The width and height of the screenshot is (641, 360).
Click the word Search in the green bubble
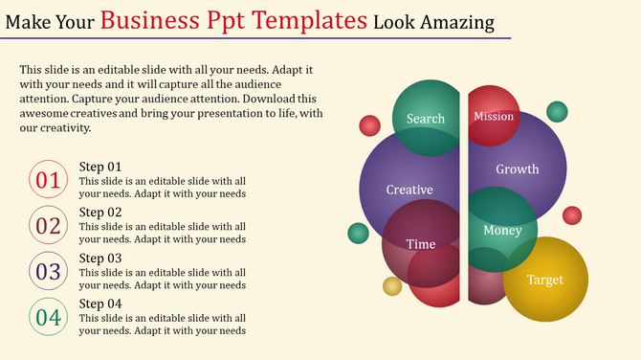426,119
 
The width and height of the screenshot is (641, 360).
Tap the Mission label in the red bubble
494,117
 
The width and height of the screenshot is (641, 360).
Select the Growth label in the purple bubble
518,169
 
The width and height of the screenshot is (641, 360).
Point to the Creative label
409,190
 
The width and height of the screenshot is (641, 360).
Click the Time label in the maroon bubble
421,244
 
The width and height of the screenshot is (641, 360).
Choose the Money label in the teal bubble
502,231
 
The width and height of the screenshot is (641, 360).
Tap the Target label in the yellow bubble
545,280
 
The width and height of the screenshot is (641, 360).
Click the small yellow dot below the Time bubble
392,285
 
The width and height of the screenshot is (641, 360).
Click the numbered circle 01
48,180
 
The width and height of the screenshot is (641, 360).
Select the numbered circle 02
48,226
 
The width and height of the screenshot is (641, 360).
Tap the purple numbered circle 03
48,272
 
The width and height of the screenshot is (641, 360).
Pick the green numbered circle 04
48,317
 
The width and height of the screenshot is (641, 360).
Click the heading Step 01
100,167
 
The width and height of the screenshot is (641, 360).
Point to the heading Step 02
100,213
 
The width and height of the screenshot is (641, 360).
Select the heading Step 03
100,259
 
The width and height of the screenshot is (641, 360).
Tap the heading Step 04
100,304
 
